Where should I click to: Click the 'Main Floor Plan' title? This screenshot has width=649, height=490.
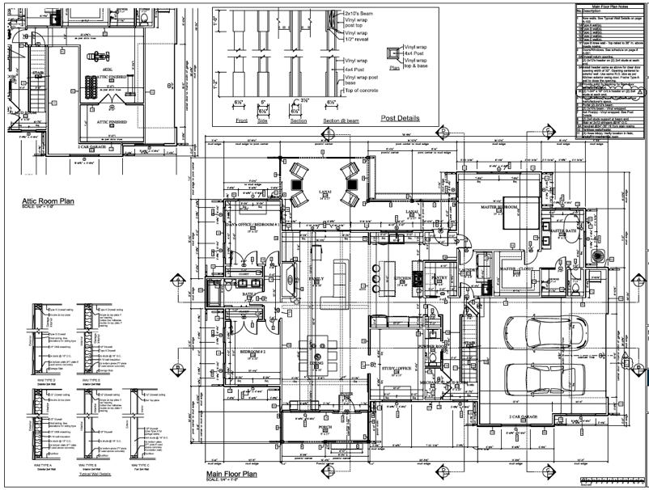pyautogui.click(x=231, y=474)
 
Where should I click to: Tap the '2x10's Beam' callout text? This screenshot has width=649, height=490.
pyautogui.click(x=359, y=15)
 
